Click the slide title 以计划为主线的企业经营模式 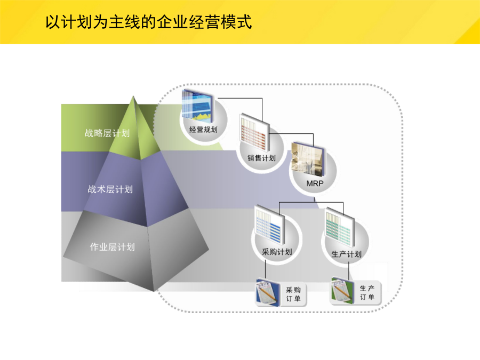pyautogui.click(x=148, y=22)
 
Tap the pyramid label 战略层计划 pyautogui.click(x=107, y=133)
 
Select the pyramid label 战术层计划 pyautogui.click(x=110, y=189)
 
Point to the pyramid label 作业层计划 pyautogui.click(x=113, y=247)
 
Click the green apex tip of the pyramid pyautogui.click(x=133, y=97)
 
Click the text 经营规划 pyautogui.click(x=203, y=130)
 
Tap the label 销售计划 pyautogui.click(x=261, y=158)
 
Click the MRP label pyautogui.click(x=315, y=183)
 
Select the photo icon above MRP pyautogui.click(x=307, y=159)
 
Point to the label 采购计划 pyautogui.click(x=277, y=252)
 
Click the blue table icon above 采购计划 pyautogui.click(x=270, y=225)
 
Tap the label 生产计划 pyautogui.click(x=347, y=254)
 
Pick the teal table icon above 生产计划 pyautogui.click(x=340, y=227)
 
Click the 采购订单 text pyautogui.click(x=293, y=294)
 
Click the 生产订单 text pyautogui.click(x=367, y=293)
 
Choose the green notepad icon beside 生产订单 pyautogui.click(x=342, y=291)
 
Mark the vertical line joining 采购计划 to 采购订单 pyautogui.click(x=266, y=269)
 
